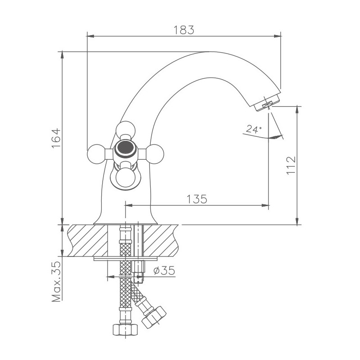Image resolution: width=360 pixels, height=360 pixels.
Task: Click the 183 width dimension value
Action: pos(184,30)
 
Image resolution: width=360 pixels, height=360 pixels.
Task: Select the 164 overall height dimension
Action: pos(56,138)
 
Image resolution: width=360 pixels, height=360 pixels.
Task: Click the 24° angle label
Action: pos(253,130)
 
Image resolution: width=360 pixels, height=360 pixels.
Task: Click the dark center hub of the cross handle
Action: pos(124,147)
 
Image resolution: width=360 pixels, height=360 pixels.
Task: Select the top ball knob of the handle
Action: pos(125,130)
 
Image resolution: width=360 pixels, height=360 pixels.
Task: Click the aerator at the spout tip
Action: pos(267,103)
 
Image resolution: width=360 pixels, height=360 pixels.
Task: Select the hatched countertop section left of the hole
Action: pos(88,241)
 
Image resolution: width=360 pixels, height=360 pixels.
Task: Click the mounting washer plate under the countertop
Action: pos(126,259)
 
